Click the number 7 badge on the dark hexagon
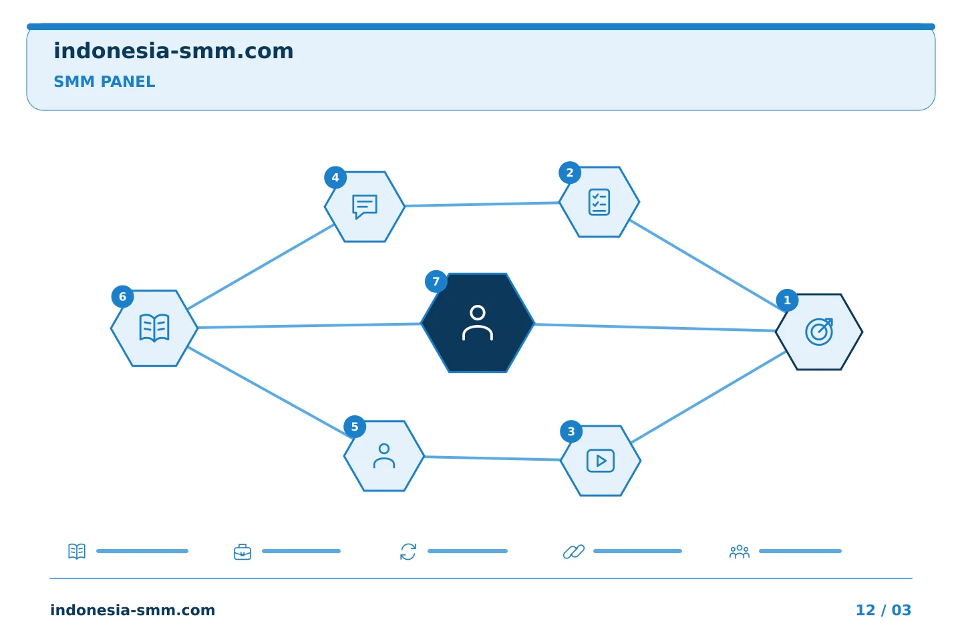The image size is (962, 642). coord(436,282)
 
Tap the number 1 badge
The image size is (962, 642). coord(787,300)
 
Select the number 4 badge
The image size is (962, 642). coord(335,178)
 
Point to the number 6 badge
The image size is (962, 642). coord(122,297)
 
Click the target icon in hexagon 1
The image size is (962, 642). coord(819,332)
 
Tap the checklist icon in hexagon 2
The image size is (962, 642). coord(599,202)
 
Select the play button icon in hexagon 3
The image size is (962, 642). coord(601,461)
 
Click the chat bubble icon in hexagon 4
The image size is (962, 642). coord(365,207)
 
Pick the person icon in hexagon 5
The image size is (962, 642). coord(384,456)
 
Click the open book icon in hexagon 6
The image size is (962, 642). coord(154,328)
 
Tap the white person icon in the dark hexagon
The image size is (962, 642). coord(478,323)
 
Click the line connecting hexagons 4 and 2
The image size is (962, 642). coord(482,204)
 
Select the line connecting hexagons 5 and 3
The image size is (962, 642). coord(492,458)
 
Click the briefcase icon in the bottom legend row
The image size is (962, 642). coord(243,552)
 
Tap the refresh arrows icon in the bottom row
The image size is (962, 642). coord(408,552)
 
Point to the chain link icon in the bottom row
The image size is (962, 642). coord(574,552)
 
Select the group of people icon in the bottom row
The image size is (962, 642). coord(740,552)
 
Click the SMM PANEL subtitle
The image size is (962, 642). coord(104,82)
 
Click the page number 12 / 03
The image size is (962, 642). coord(883,610)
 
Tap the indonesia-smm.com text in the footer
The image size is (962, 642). coord(133,610)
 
